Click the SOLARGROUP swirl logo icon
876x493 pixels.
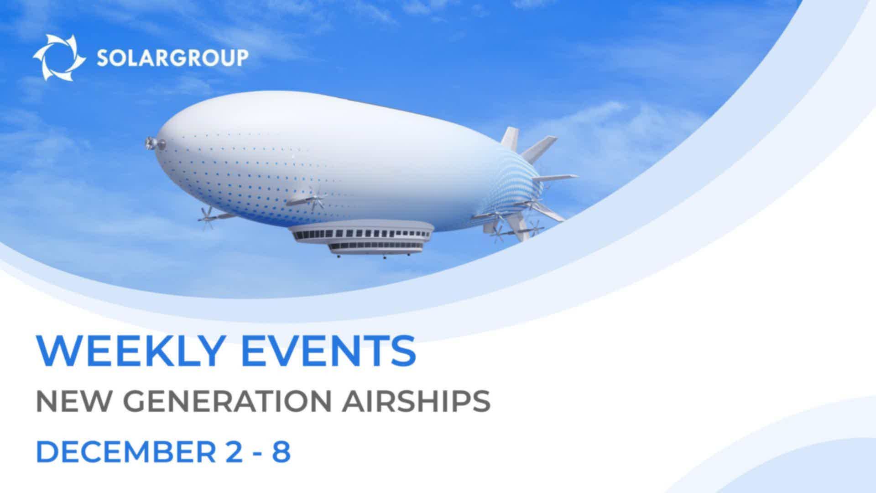tap(59, 58)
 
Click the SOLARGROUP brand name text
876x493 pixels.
tap(173, 58)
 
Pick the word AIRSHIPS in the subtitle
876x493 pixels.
tap(417, 401)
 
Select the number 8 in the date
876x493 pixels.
tap(281, 452)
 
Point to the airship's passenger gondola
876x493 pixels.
tap(360, 239)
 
